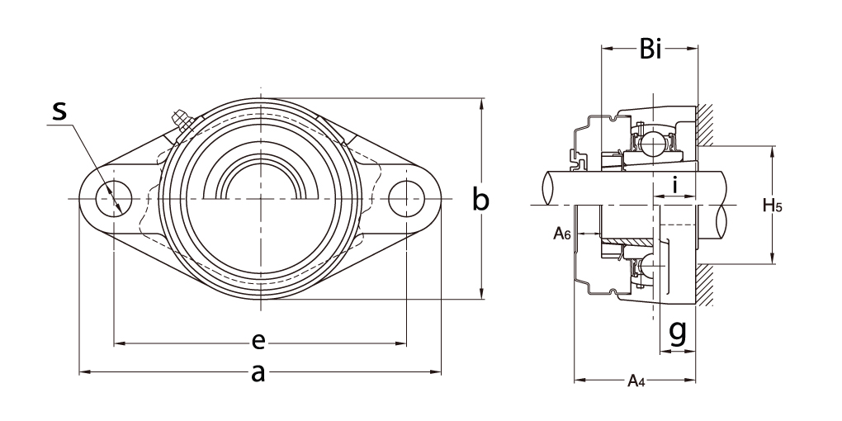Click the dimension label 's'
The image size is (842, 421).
[x=59, y=111]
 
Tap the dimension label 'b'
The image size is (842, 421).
[x=480, y=199]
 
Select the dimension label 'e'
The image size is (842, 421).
[x=258, y=342]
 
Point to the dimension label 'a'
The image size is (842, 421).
[x=258, y=374]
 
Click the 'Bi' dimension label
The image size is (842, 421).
[x=650, y=50]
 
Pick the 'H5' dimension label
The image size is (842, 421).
[x=773, y=206]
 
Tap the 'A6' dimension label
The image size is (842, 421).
[x=562, y=234]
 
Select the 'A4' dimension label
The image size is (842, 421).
[x=635, y=381]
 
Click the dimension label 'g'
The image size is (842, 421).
[x=677, y=332]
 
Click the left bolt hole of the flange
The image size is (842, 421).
[x=109, y=198]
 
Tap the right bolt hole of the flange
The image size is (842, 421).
[x=408, y=198]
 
